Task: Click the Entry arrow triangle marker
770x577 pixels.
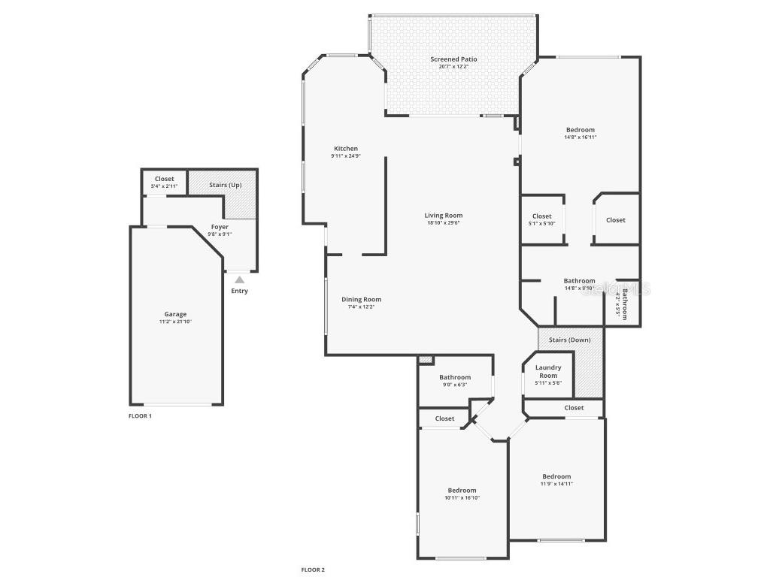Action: point(239,279)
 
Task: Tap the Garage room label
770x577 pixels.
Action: point(175,314)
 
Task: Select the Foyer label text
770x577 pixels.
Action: point(220,226)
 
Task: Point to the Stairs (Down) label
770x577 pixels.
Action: point(570,340)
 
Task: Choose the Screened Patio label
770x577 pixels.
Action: point(453,59)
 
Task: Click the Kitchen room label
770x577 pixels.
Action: point(346,148)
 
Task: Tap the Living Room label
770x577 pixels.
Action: point(444,215)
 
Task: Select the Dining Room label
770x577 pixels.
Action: point(362,299)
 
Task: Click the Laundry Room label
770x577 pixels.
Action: point(548,371)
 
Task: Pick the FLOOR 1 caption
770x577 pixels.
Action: point(140,415)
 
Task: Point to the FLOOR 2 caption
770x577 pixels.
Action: point(313,569)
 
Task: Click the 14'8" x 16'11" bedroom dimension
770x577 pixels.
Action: point(580,137)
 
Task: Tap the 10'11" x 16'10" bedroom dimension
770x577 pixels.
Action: point(462,497)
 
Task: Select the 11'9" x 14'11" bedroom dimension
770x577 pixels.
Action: point(556,484)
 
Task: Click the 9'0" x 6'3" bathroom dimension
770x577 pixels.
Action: point(455,385)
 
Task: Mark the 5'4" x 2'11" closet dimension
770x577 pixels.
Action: point(164,186)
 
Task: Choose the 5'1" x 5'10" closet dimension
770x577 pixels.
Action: point(541,224)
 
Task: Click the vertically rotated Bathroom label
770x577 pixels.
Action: point(624,304)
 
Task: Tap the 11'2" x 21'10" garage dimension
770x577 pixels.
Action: point(175,322)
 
